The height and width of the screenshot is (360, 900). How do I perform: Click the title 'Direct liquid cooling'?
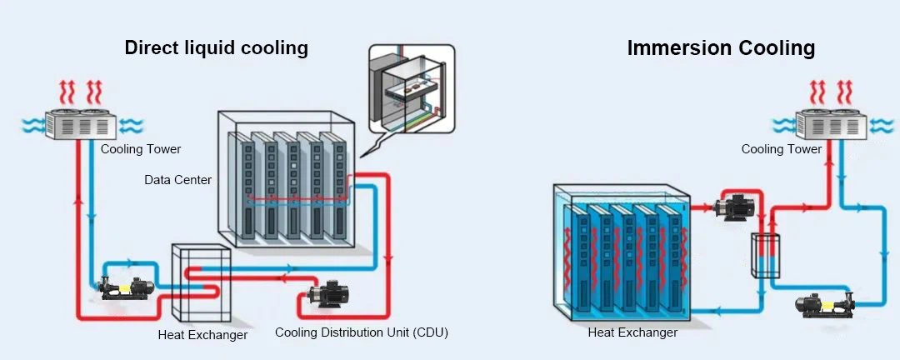216,47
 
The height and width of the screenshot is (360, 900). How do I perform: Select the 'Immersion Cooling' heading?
721,48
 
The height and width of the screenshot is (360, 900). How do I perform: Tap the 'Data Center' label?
177,179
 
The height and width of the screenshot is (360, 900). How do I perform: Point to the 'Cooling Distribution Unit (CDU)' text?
362,332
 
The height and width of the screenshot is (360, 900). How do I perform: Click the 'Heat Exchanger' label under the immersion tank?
632,332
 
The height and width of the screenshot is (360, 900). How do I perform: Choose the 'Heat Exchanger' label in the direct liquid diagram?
202,335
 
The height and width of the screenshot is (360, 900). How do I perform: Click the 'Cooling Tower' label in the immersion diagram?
782,149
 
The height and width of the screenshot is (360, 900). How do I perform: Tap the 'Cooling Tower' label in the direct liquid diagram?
141,149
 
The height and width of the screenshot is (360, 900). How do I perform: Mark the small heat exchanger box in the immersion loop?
763,254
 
